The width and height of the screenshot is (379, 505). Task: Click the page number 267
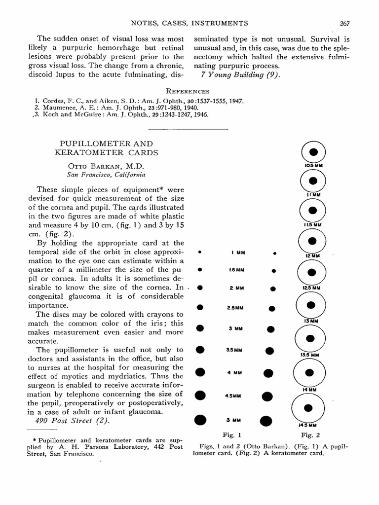click(344, 23)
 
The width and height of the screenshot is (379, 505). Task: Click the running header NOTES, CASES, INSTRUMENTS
click(189, 23)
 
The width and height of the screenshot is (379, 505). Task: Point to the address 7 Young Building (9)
click(240, 75)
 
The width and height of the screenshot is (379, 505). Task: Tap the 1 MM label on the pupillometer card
click(238, 253)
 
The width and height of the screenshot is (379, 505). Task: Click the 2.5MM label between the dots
click(235, 308)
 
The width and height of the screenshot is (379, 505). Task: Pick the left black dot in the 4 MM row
click(200, 372)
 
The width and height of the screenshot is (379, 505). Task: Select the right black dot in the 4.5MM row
click(267, 396)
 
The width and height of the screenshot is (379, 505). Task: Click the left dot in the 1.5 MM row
click(200, 270)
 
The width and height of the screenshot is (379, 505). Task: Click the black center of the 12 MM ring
click(312, 241)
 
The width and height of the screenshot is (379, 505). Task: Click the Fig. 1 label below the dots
click(231, 435)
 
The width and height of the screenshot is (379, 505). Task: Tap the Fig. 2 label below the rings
click(311, 435)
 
